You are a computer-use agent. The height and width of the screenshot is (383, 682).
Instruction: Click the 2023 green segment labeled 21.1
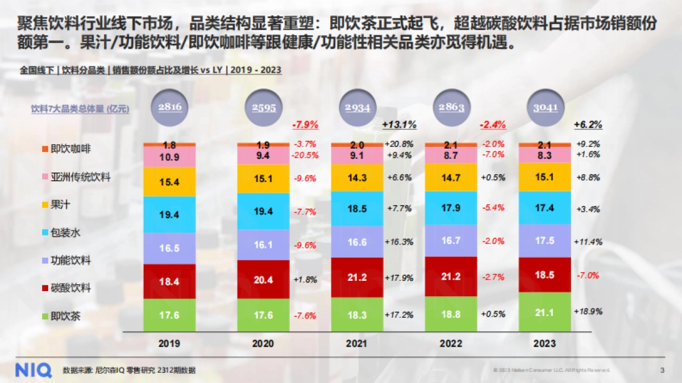(x=544, y=311)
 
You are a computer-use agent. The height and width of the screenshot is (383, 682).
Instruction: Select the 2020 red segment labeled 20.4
(x=263, y=279)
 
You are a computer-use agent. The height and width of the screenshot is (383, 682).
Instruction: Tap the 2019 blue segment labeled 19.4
(x=169, y=214)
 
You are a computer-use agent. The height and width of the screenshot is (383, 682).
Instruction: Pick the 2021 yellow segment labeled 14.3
(x=357, y=177)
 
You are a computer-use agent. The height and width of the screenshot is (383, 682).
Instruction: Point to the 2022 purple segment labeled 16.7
(x=451, y=241)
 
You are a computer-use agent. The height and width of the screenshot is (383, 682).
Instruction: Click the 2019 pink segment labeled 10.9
(x=169, y=157)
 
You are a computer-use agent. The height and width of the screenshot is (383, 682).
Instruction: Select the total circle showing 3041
(x=544, y=108)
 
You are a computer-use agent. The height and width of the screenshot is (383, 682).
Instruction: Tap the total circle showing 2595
(x=263, y=108)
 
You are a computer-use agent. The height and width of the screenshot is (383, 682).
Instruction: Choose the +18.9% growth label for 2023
(x=588, y=311)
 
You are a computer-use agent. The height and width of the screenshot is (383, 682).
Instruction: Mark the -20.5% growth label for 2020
(x=306, y=155)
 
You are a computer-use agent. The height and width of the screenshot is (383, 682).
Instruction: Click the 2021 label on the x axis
(x=357, y=344)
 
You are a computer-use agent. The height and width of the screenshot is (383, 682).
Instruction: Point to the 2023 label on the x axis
(x=544, y=344)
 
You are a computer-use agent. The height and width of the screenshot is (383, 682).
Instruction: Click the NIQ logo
(x=33, y=369)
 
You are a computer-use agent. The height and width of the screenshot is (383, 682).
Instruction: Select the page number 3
(x=662, y=370)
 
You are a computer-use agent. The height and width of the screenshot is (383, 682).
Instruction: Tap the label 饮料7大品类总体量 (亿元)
(x=80, y=109)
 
